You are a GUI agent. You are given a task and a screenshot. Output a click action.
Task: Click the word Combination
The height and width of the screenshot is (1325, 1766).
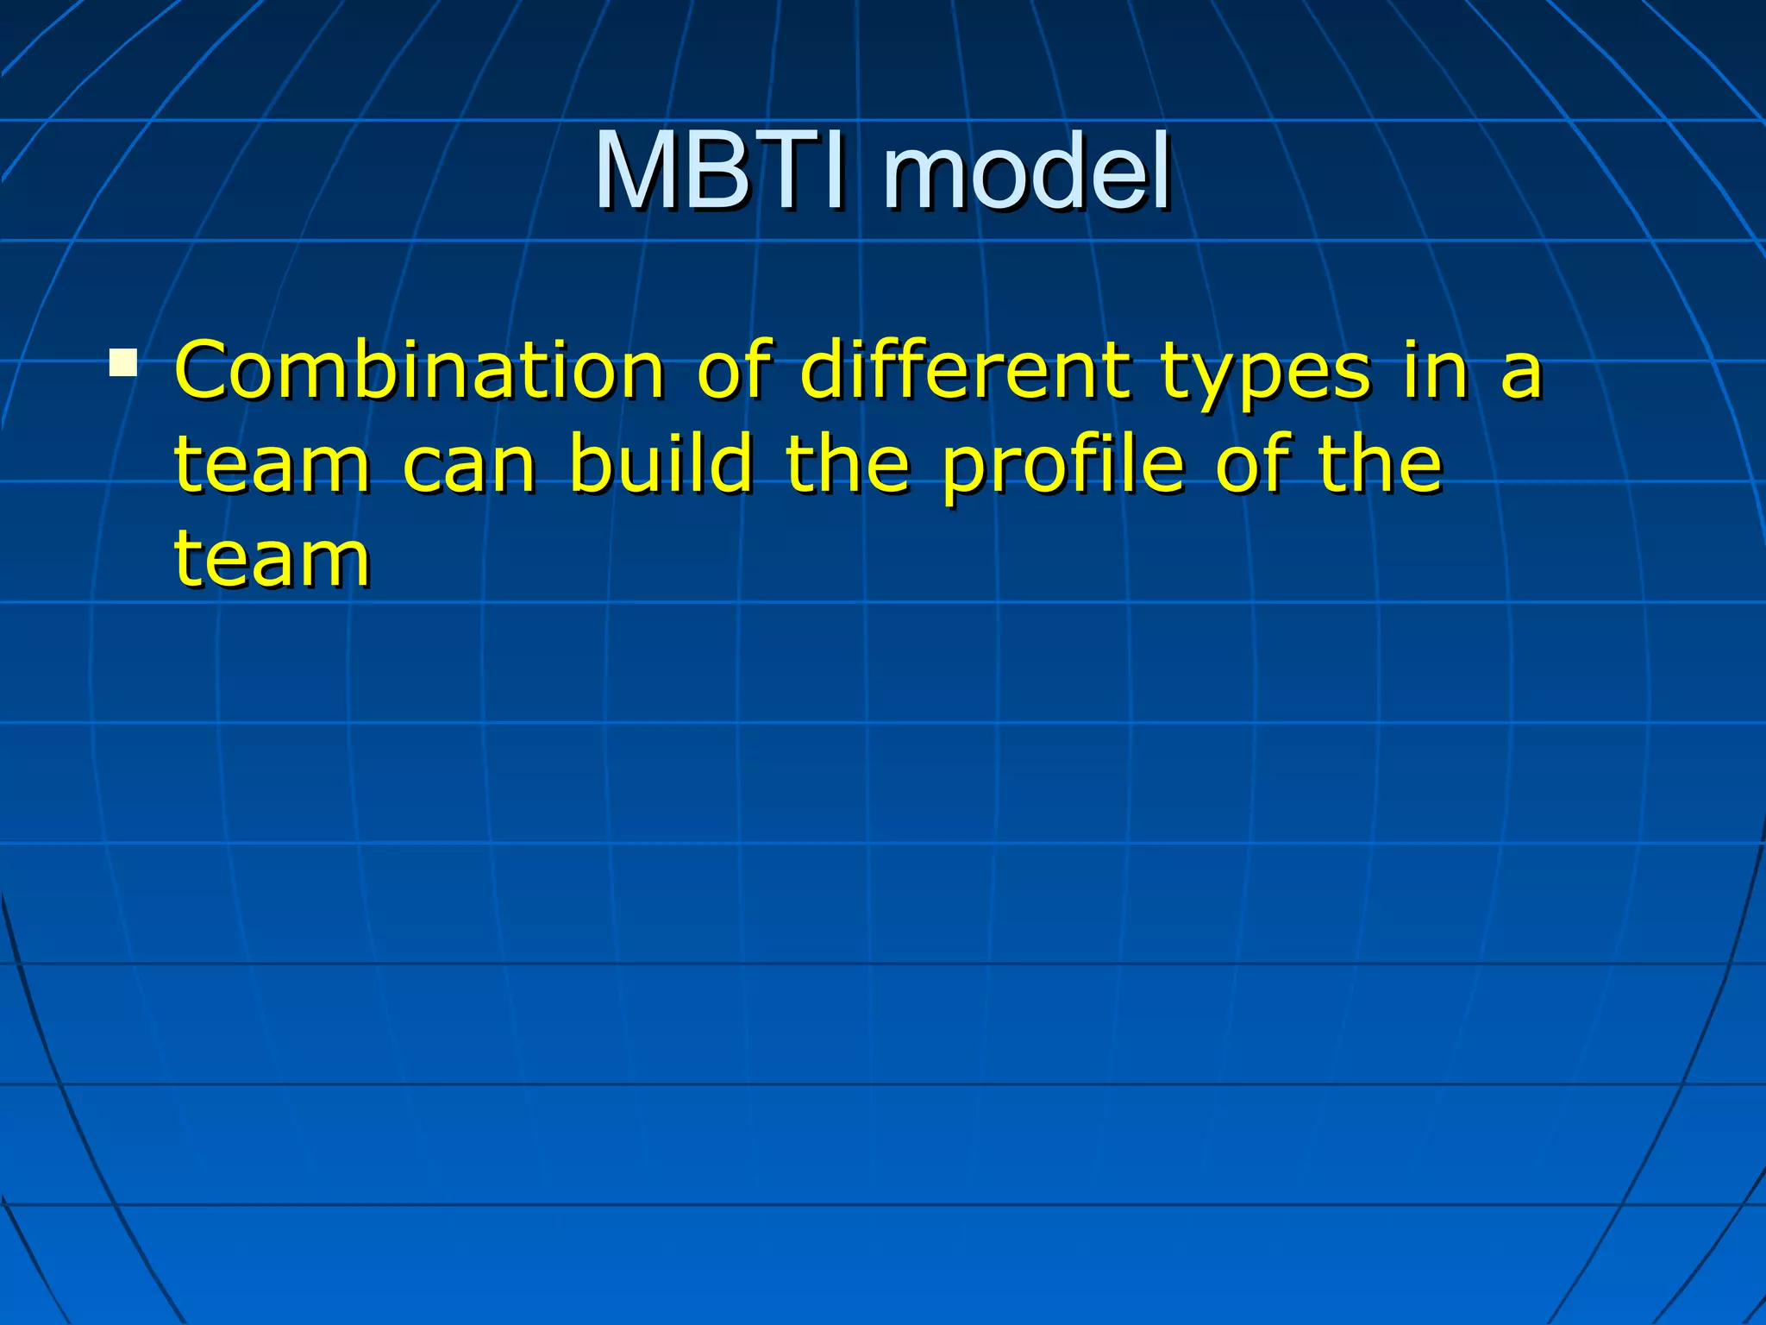coord(419,371)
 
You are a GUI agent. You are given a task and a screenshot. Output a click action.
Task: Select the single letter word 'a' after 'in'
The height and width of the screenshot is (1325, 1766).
coord(1520,378)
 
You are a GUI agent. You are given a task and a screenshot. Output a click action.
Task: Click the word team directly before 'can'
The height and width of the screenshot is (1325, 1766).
coord(272,466)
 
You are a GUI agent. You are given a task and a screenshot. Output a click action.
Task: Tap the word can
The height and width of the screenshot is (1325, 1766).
coord(470,470)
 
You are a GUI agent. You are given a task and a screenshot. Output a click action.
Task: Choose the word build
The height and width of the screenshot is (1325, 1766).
coord(661,464)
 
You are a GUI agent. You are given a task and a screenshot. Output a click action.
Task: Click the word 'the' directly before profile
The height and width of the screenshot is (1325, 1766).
coord(848,464)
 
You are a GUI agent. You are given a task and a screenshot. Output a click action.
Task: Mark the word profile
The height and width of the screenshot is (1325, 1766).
coord(1062,467)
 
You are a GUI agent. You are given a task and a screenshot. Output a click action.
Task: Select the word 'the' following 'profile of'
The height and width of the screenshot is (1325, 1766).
coord(1381,464)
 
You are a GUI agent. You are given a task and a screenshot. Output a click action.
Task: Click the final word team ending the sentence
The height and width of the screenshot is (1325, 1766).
coord(272,561)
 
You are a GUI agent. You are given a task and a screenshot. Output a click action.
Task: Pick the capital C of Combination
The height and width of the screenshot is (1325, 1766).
coord(204,371)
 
